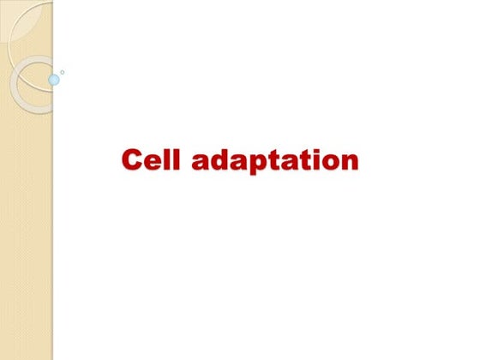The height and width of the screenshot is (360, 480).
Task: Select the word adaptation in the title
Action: click(275, 161)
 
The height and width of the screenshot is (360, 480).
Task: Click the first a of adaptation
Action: click(201, 162)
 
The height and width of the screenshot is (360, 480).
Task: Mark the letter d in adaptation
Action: click(221, 159)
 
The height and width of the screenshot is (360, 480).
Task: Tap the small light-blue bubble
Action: click(54, 80)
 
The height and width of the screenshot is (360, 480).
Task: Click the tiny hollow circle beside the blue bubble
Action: click(62, 72)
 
